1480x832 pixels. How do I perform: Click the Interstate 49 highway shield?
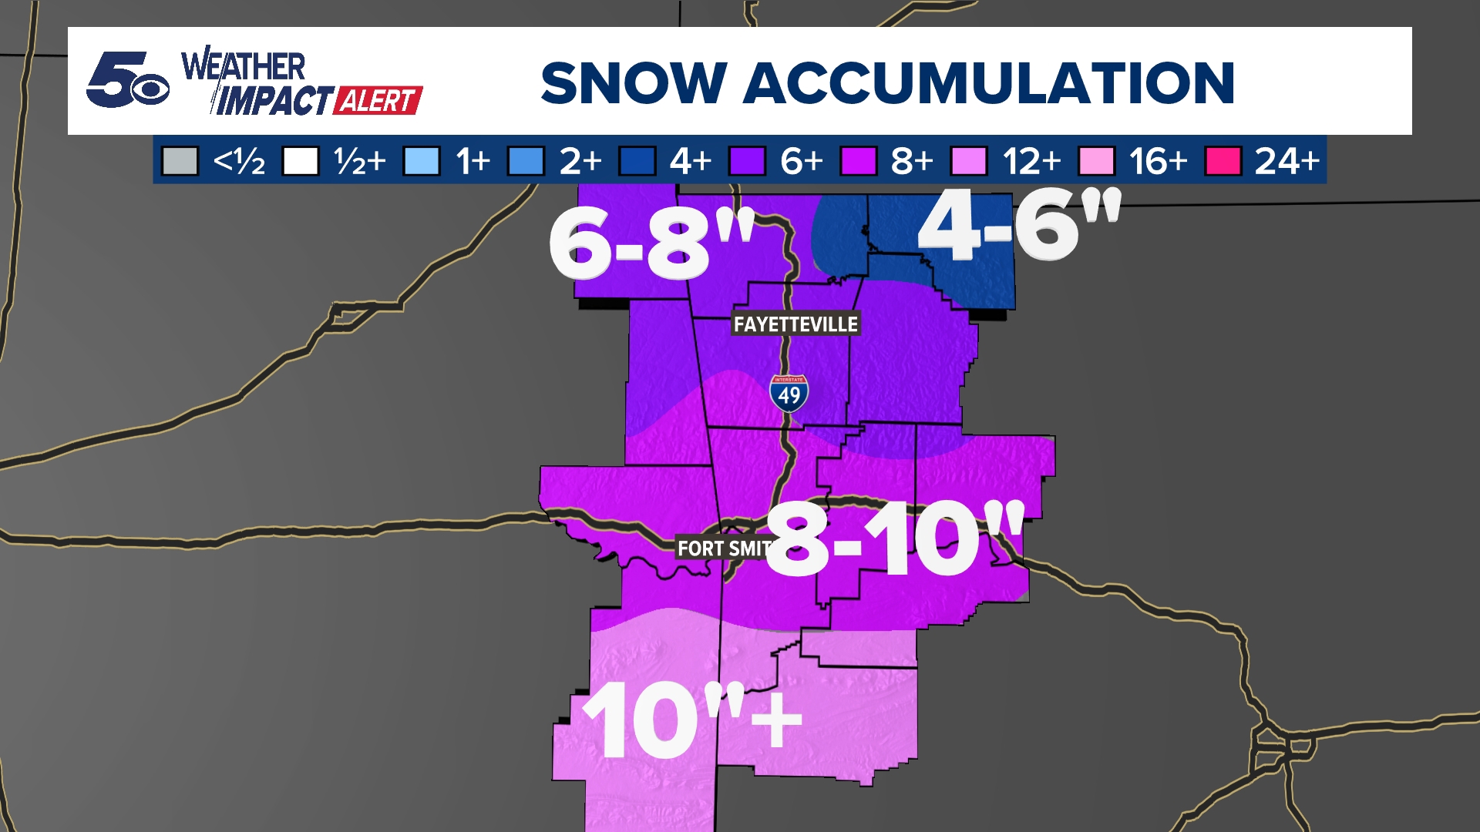[x=789, y=394]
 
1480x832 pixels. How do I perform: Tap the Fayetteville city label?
[x=795, y=324]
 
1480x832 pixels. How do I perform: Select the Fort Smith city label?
[x=723, y=549]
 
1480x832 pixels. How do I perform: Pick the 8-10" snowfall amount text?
[x=894, y=538]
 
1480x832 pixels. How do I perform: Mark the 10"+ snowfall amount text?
[x=691, y=721]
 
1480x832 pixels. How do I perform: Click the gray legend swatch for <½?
[x=180, y=162]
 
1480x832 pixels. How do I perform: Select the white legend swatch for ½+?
[x=301, y=162]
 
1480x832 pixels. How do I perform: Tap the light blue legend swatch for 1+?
[x=422, y=162]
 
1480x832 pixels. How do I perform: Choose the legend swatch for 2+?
[x=526, y=162]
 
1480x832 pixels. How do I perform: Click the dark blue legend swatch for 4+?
[x=637, y=162]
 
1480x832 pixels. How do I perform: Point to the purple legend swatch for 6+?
[x=747, y=162]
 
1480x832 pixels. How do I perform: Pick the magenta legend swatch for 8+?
[x=858, y=162]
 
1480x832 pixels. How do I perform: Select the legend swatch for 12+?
[x=969, y=162]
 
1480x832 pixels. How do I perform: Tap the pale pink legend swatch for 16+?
[x=1096, y=162]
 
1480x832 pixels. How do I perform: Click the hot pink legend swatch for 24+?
[x=1223, y=162]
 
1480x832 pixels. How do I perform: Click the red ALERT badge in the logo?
[x=378, y=101]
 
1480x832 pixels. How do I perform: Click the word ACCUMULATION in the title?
[x=988, y=83]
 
